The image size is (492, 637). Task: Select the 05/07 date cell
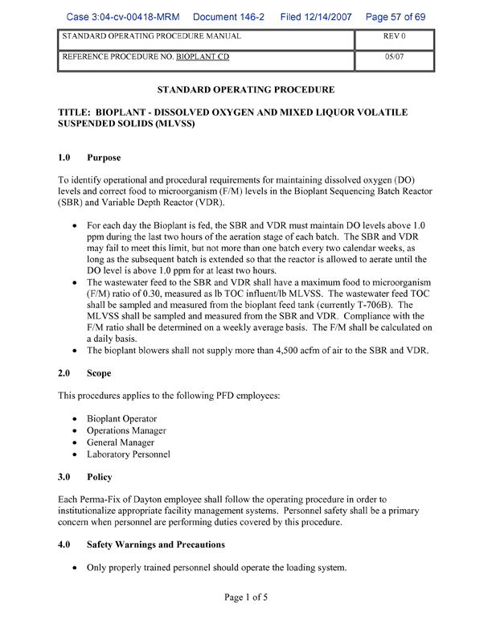click(x=393, y=59)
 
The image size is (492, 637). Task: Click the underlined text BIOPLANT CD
click(x=202, y=59)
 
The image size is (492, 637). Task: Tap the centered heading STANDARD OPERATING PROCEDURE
click(x=245, y=89)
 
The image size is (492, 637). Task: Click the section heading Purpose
click(x=104, y=158)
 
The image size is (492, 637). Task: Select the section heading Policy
click(x=100, y=477)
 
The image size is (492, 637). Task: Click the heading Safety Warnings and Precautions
click(x=156, y=545)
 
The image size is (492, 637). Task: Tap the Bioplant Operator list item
click(x=121, y=419)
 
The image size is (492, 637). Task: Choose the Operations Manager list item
click(x=126, y=431)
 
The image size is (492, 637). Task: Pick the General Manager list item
click(x=120, y=442)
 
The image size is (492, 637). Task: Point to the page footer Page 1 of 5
click(x=245, y=598)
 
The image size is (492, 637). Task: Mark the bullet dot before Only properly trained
click(x=76, y=569)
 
